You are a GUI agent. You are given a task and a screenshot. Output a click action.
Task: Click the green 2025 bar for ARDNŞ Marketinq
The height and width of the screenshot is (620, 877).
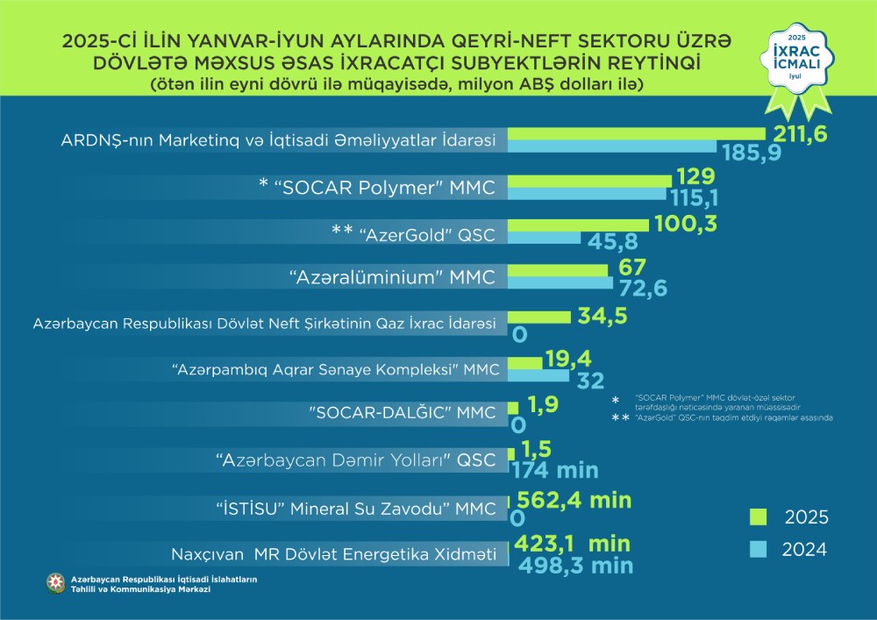tap(636, 133)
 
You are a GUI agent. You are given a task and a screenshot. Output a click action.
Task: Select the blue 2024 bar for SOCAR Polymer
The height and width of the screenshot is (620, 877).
tap(588, 194)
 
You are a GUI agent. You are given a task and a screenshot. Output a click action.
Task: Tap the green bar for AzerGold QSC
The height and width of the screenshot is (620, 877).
tap(578, 224)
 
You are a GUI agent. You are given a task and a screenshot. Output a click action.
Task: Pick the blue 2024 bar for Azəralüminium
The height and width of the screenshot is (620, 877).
tap(562, 283)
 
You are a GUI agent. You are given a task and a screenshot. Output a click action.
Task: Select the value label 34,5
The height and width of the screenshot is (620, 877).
tap(602, 316)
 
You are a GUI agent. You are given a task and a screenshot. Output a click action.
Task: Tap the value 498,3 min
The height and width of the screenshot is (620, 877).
tap(575, 566)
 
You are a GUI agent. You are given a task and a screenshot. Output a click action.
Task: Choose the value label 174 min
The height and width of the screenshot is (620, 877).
tap(554, 470)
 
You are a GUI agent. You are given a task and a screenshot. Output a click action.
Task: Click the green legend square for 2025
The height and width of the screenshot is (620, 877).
tap(759, 516)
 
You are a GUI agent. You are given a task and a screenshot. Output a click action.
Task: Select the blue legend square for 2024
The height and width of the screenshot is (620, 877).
tap(759, 550)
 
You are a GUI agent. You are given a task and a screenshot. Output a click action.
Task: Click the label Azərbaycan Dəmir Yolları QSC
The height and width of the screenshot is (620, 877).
tap(356, 459)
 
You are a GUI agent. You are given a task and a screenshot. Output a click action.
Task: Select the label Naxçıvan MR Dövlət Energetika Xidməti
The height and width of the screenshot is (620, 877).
tap(334, 554)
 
